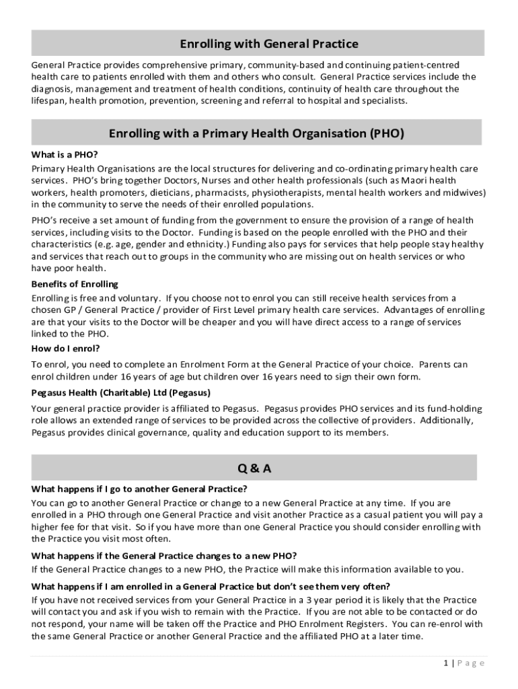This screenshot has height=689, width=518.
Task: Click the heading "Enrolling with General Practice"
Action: point(268,44)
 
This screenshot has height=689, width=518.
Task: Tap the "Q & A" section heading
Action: point(254,469)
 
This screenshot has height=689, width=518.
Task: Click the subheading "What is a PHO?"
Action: point(65,154)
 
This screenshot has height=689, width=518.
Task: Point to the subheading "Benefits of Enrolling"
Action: point(75,284)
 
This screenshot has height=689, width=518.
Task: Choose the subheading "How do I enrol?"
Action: point(65,349)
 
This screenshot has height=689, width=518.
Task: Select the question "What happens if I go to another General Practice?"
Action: point(139,489)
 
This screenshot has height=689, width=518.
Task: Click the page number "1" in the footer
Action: point(445,663)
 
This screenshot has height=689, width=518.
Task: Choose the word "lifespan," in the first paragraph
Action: point(50,101)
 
